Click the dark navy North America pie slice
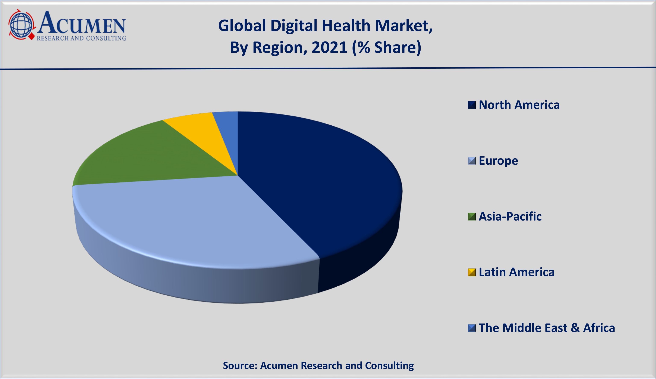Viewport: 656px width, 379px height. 320,182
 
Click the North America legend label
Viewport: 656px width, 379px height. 519,105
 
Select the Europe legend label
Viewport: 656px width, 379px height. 498,161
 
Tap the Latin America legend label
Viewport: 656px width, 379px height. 517,272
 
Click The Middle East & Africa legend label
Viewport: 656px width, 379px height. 547,328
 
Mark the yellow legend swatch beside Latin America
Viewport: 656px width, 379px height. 471,272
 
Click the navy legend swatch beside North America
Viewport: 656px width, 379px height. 471,105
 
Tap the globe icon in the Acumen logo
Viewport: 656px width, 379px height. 21,25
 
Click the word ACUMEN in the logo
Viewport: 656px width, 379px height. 82,24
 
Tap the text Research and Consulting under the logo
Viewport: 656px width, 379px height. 81,38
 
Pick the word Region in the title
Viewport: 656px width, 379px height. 280,48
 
